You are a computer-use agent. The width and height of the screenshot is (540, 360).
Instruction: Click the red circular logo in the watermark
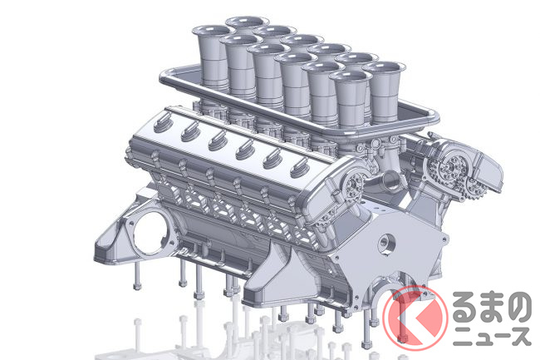coord(415,316)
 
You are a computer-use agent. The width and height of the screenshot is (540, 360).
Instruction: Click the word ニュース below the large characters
coord(492,336)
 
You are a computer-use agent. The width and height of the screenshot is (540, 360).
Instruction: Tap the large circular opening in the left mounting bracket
coord(151,229)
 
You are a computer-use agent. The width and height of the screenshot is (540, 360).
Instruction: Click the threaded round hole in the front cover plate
coord(385,244)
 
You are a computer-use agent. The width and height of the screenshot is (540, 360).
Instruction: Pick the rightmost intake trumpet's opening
coord(384,68)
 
